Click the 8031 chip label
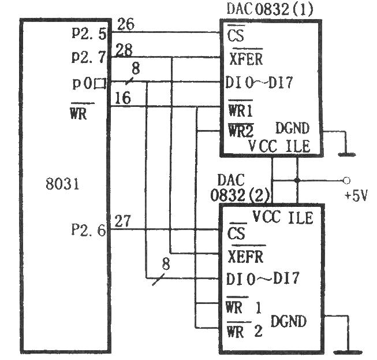click(62, 186)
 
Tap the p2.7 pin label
click(88, 57)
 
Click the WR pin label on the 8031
click(78, 114)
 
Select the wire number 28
click(125, 50)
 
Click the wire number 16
click(122, 98)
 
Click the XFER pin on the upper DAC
click(245, 59)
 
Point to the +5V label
click(356, 195)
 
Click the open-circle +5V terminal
click(346, 180)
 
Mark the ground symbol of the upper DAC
click(346, 154)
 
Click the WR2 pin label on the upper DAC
click(240, 131)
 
